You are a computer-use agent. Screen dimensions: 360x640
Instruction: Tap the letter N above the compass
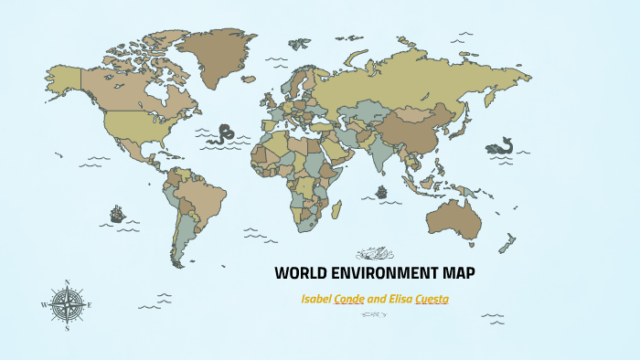[68, 281]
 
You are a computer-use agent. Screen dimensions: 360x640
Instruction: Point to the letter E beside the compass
[91, 304]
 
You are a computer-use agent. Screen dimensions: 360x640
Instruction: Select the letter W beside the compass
[45, 304]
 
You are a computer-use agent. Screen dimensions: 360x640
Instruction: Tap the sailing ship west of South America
[117, 215]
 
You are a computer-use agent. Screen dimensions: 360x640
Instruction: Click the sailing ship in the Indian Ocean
[381, 194]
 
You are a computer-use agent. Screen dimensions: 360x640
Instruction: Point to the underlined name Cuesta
[432, 299]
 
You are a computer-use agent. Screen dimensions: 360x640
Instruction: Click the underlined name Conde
[350, 299]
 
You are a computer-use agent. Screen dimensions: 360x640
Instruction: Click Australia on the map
[455, 217]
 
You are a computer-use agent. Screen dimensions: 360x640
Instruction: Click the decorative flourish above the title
[374, 252]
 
